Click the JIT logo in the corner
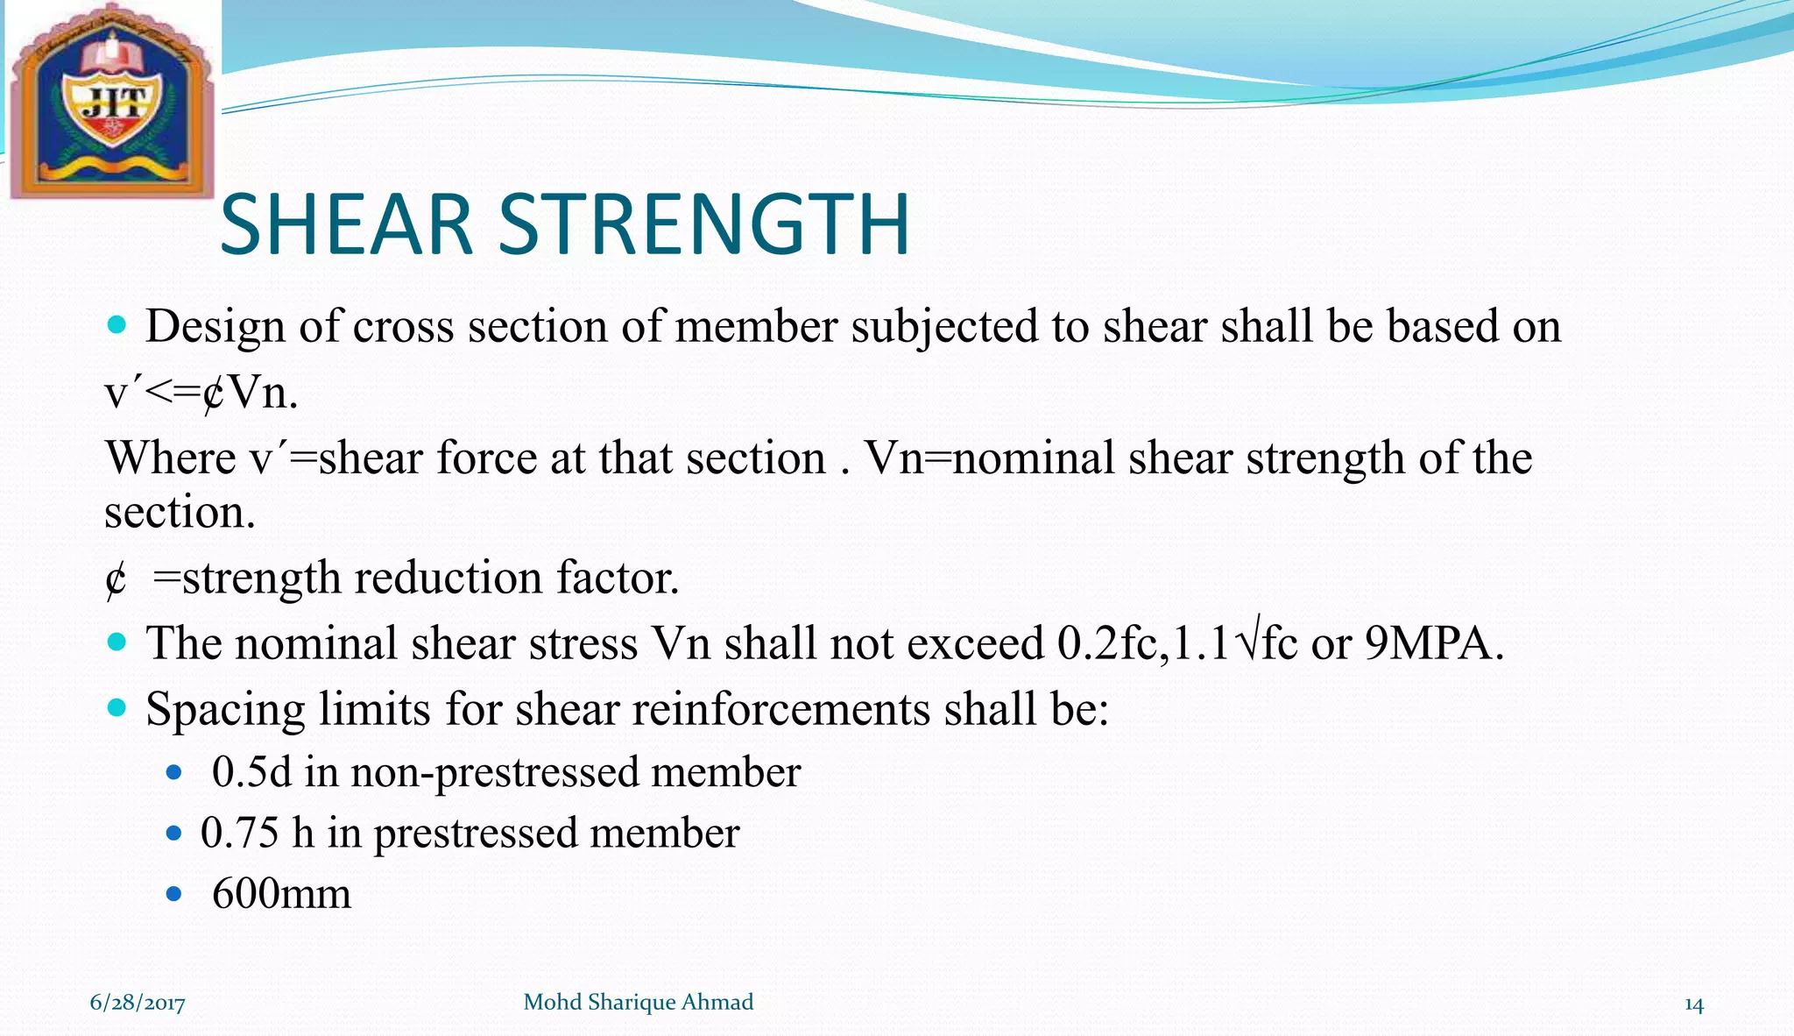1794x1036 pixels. click(x=111, y=101)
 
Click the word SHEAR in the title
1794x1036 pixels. click(x=346, y=225)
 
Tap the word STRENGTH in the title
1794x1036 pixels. click(x=704, y=225)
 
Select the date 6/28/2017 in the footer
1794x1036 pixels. click(x=138, y=1003)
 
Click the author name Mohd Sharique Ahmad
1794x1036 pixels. click(x=638, y=1002)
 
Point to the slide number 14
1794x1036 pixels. click(x=1693, y=1004)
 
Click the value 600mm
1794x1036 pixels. click(x=281, y=894)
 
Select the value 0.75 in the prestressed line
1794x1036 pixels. click(x=239, y=833)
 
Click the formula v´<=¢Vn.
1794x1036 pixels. click(x=201, y=393)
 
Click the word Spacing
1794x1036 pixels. click(x=224, y=709)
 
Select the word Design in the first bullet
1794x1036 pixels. click(x=215, y=326)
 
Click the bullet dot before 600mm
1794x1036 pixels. click(x=173, y=894)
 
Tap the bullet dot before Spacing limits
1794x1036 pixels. click(x=117, y=706)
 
